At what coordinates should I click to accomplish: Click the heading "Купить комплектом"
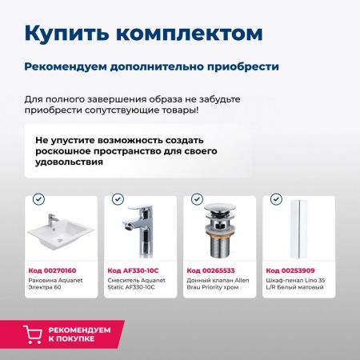coord(142,33)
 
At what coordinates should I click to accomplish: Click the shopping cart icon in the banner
coord(34,334)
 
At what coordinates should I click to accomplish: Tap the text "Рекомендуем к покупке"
coord(80,334)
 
